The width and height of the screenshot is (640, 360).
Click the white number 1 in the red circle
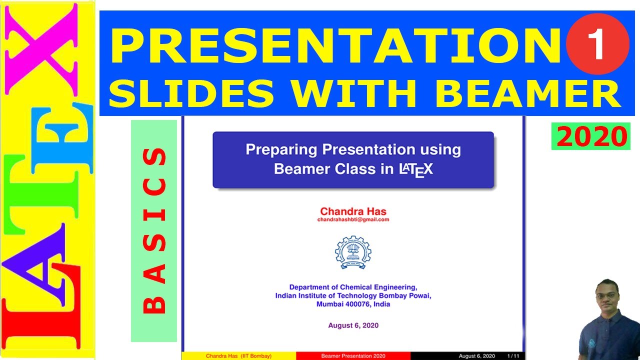[596, 44]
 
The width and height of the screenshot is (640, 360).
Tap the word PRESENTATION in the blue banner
[336, 45]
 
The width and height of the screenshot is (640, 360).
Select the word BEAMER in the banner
[527, 93]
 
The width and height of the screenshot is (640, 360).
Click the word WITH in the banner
[353, 93]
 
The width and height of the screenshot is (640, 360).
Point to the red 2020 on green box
[591, 136]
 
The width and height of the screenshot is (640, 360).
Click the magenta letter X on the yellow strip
[41, 49]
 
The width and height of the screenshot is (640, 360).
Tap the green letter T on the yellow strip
[41, 194]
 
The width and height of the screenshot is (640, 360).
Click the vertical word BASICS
[154, 230]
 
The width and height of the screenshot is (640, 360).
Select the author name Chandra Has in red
[353, 211]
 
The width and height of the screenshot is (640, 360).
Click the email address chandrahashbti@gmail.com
[353, 219]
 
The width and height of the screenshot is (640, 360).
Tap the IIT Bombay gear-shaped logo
[353, 252]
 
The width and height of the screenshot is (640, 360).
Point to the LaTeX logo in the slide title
[416, 170]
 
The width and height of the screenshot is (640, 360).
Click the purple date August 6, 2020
[353, 325]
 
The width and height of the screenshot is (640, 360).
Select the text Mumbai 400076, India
[353, 304]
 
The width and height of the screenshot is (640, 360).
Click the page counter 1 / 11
[513, 356]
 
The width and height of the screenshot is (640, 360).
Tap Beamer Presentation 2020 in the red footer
[353, 356]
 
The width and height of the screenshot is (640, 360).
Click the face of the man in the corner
[607, 297]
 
